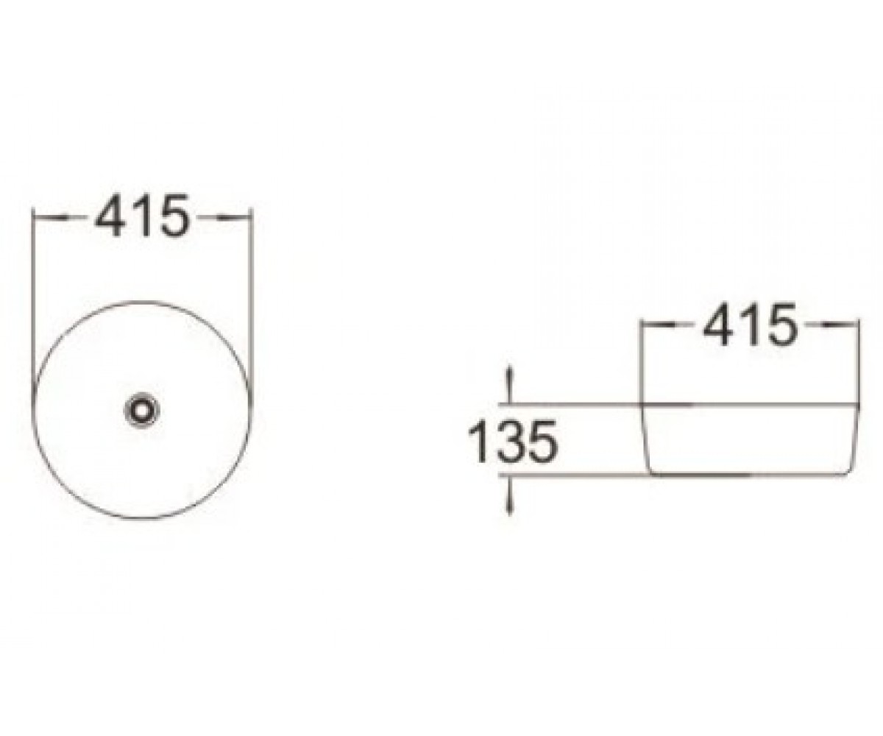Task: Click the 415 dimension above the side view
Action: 751,325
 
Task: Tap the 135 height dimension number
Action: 512,443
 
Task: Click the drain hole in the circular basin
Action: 143,409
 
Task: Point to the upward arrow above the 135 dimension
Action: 511,384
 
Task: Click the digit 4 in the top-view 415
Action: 110,216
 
